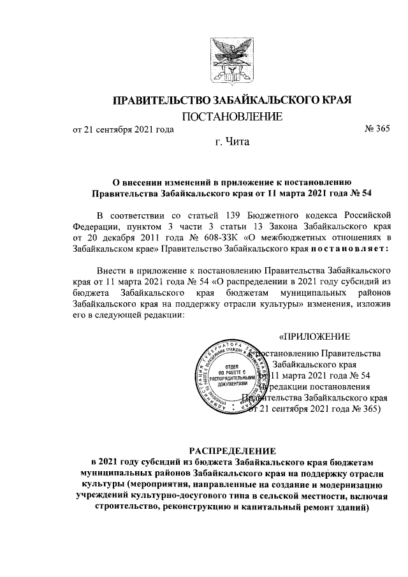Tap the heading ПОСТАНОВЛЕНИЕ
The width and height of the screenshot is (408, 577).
click(232, 116)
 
